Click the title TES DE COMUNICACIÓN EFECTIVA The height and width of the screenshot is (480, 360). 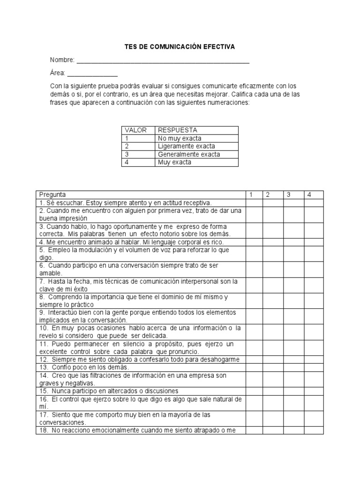point(180,47)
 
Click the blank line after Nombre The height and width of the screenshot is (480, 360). point(163,60)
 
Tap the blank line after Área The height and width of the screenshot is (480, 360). point(92,74)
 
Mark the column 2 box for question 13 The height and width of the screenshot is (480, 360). point(272,367)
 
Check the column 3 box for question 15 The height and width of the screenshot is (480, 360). point(292,391)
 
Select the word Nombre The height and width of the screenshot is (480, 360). point(62,60)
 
